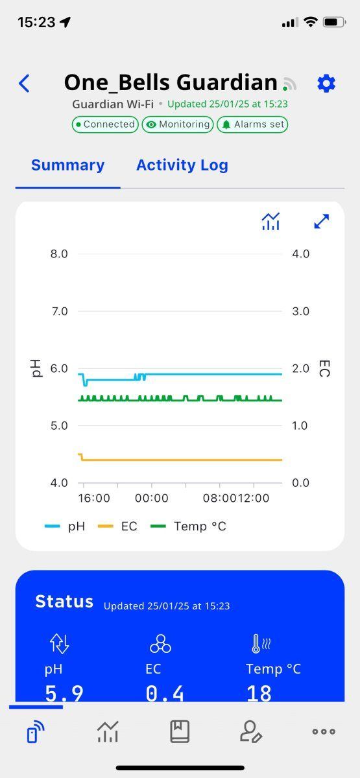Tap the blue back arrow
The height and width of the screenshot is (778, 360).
24,84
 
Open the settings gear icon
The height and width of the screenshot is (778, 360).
326,84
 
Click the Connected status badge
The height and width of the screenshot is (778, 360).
105,124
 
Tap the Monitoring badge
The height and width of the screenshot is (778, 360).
178,124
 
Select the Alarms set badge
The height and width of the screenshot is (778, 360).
252,124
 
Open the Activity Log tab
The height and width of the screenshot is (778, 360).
182,165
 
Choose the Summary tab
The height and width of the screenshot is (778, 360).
67,165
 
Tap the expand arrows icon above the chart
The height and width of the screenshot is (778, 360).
322,221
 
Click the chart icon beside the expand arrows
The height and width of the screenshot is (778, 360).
270,221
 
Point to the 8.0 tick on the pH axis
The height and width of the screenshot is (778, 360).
59,254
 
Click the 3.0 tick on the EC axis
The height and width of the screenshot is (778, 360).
300,311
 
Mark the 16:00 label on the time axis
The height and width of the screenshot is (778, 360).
94,499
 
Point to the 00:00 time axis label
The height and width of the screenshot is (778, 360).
152,499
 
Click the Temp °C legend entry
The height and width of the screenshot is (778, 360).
188,526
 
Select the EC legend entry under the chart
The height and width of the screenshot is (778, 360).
117,526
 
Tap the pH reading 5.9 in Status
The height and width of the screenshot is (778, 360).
64,693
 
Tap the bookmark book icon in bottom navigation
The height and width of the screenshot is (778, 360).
180,731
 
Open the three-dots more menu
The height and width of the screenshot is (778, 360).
324,731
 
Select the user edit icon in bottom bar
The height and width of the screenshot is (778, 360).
251,731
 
